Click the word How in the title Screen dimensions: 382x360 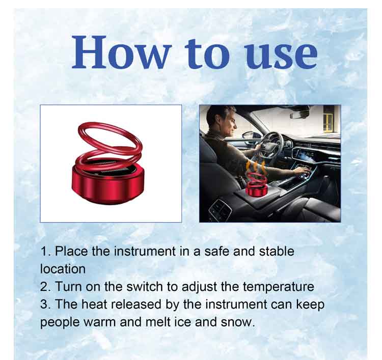coord(120,52)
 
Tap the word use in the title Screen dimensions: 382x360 coord(281,56)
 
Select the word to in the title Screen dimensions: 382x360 coord(207,53)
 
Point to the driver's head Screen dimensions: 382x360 coord(222,121)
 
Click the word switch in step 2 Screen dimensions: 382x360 coord(145,287)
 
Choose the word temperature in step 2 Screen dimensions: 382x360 coord(278,287)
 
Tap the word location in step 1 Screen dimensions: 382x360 coord(63,269)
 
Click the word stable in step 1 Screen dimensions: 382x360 coord(277,252)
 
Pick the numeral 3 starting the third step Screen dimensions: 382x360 coord(44,304)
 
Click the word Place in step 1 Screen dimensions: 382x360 coord(71,252)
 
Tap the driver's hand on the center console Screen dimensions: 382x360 coord(302,172)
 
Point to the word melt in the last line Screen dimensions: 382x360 coord(158,322)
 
